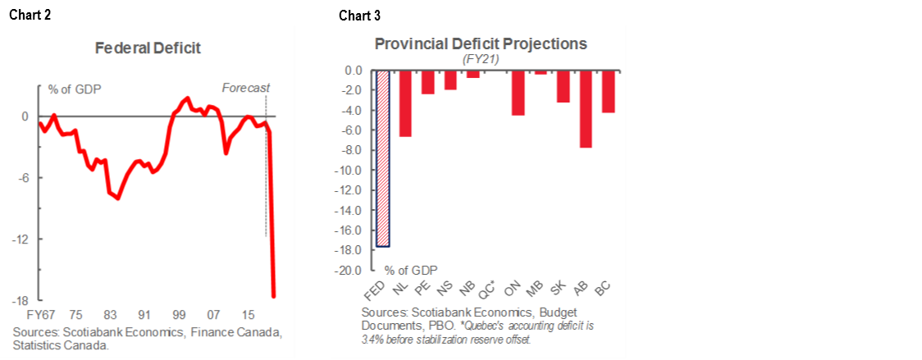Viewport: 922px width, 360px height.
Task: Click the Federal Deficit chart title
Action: tap(148, 48)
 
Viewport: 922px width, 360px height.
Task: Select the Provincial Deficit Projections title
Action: tap(481, 43)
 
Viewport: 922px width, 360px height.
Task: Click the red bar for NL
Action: tap(405, 103)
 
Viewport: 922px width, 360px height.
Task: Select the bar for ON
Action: tap(518, 93)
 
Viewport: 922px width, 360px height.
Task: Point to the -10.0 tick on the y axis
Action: tap(352, 170)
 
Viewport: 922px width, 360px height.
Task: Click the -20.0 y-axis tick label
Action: tap(352, 270)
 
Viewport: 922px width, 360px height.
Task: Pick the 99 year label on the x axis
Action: tap(178, 315)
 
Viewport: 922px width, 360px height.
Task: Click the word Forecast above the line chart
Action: tap(246, 89)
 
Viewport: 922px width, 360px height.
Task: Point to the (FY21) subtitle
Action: tap(481, 59)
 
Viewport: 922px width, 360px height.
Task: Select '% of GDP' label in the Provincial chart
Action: tap(411, 270)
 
